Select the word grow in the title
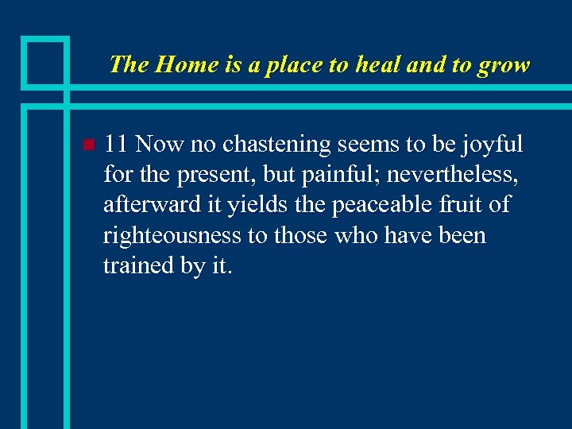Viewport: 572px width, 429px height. coord(503,65)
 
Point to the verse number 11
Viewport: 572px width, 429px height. coord(116,145)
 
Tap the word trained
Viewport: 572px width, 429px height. coord(138,266)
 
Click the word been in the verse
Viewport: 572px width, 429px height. coord(459,235)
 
